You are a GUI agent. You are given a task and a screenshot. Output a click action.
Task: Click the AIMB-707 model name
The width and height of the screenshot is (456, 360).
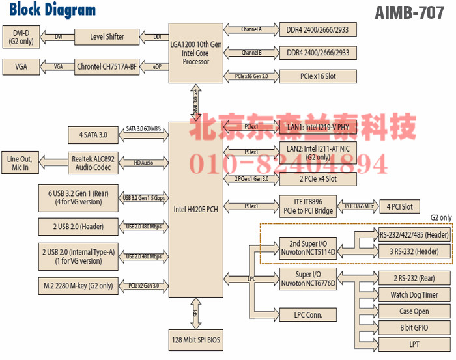[414, 13]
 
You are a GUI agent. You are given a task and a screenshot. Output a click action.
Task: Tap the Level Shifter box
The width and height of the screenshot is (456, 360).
[107, 36]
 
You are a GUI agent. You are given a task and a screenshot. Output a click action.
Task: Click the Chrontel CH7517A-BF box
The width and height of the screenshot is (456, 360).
[107, 66]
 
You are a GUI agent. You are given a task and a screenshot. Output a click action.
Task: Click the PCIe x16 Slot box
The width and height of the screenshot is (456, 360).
[317, 76]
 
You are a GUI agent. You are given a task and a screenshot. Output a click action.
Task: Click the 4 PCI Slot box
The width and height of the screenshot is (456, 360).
[399, 207]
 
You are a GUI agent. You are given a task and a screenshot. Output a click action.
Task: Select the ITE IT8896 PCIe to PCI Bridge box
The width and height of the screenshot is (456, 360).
[317, 206]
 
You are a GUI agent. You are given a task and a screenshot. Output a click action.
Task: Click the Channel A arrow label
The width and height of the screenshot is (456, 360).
[251, 29]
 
